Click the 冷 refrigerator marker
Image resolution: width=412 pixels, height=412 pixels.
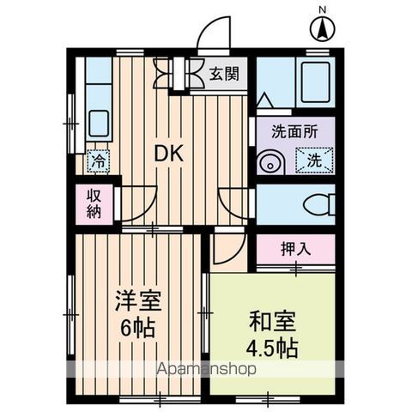[99, 160]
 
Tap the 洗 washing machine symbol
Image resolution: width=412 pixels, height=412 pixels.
[314, 160]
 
